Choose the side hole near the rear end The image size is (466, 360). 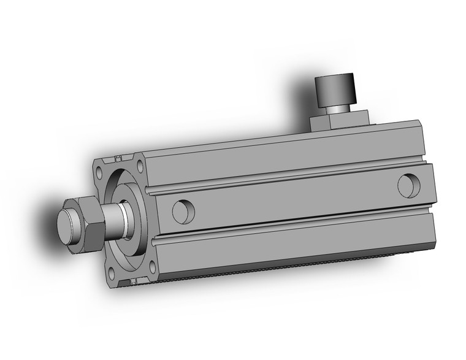(x=408, y=186)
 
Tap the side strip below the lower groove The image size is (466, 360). (x=288, y=242)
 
